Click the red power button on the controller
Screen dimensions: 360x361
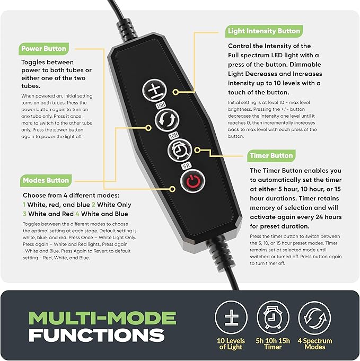193,181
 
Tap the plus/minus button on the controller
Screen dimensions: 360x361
154,90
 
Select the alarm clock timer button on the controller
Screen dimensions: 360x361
180,150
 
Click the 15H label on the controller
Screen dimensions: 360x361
161,105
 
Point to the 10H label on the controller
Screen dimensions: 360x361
174,136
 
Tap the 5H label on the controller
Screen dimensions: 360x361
187,165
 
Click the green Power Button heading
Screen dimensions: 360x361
43,49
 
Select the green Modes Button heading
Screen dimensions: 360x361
46,180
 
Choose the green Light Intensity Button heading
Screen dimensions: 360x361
264,31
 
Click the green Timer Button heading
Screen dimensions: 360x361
271,156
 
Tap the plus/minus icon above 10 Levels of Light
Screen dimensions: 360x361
231,317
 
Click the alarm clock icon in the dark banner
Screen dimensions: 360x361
273,317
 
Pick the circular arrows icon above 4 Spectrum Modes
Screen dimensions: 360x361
314,317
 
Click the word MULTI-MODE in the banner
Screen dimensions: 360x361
102,318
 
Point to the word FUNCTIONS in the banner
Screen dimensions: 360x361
96,335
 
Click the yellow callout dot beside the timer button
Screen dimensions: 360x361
197,151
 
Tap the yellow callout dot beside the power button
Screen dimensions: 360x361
172,189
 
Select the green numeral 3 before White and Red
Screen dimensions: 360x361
24,214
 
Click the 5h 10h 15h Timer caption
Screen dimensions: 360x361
273,344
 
